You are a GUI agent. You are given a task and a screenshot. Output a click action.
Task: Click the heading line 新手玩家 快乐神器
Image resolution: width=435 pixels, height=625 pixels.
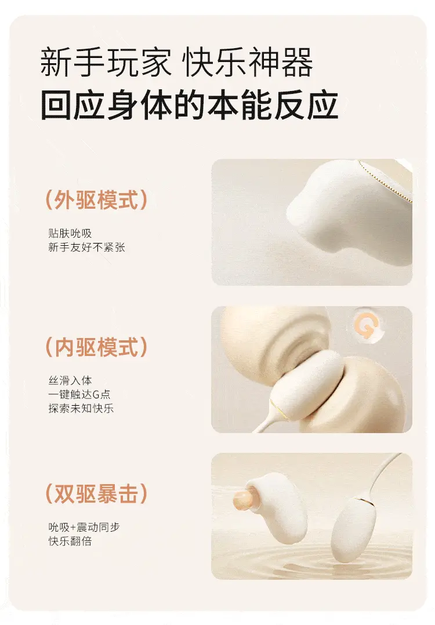pyautogui.click(x=177, y=62)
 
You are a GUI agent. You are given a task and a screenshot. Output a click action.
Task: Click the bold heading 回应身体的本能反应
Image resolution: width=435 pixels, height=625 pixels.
pyautogui.click(x=190, y=105)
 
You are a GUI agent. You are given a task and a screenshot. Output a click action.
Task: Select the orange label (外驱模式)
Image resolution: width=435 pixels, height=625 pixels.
pyautogui.click(x=96, y=199)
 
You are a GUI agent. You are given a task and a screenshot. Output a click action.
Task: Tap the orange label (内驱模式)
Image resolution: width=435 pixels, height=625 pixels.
pyautogui.click(x=96, y=346)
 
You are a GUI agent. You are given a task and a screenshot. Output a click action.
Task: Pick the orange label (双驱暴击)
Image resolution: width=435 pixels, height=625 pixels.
pyautogui.click(x=96, y=493)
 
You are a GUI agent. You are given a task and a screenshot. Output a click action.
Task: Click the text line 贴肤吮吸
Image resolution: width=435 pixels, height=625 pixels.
pyautogui.click(x=70, y=233)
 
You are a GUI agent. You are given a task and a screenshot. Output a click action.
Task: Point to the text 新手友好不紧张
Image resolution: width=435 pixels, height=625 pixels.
pyautogui.click(x=86, y=247)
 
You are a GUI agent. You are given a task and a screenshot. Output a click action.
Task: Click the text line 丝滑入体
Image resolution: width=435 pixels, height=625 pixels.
pyautogui.click(x=70, y=380)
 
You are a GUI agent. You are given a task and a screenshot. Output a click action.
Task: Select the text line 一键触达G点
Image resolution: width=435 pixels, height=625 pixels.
pyautogui.click(x=79, y=394)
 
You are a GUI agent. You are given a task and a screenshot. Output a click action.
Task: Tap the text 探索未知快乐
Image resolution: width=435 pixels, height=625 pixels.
pyautogui.click(x=81, y=408)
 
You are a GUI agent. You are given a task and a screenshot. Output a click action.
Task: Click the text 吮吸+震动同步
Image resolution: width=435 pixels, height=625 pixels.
pyautogui.click(x=84, y=527)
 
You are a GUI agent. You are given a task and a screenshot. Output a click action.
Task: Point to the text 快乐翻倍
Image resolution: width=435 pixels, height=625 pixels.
pyautogui.click(x=70, y=541)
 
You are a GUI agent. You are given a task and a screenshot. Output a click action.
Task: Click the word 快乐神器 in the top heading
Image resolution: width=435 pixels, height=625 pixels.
pyautogui.click(x=248, y=62)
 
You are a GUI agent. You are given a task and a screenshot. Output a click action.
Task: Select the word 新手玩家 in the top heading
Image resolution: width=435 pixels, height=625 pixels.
pyautogui.click(x=106, y=62)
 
